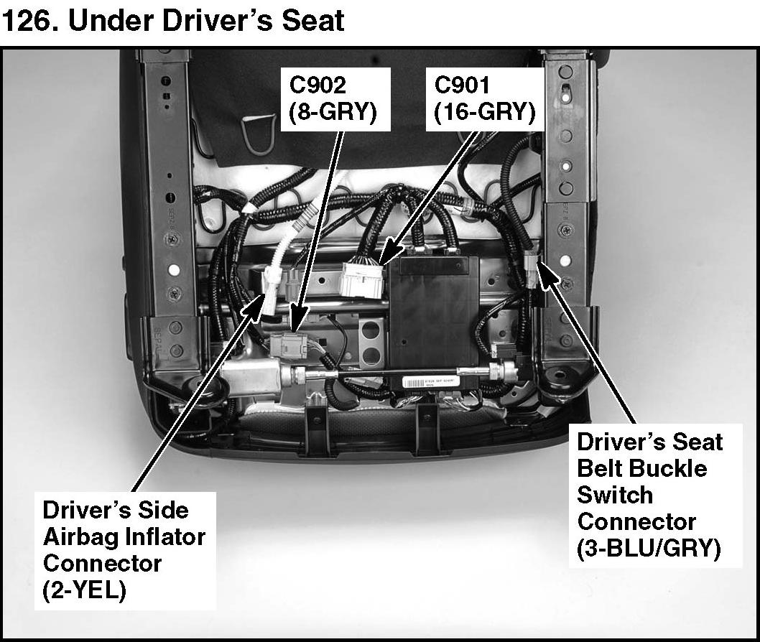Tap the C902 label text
coord(318,85)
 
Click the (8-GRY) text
coord(335,112)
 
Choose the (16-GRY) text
coord(484,112)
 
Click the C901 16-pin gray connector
coord(363,277)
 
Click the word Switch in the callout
coord(616,495)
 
